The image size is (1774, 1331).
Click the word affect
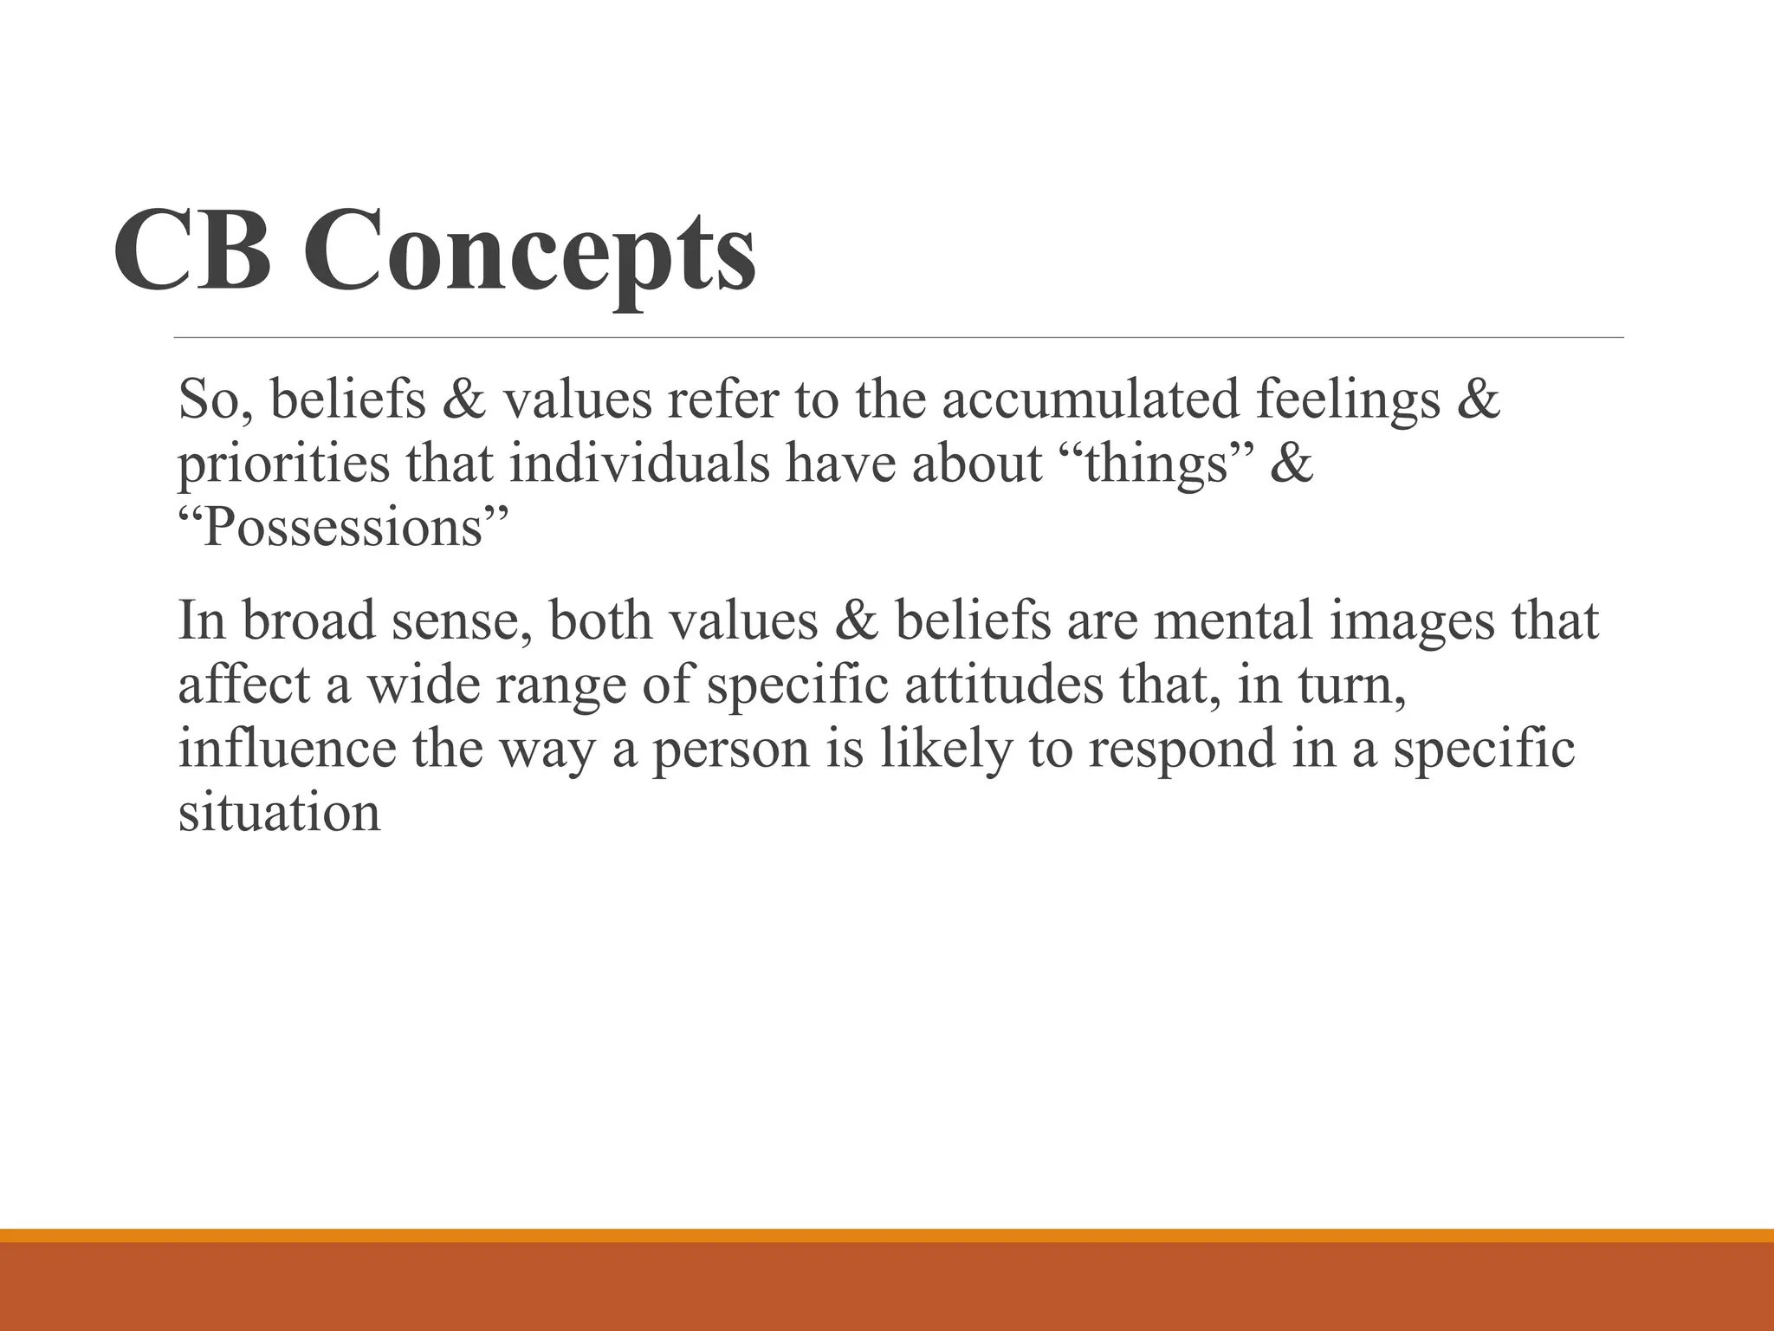click(243, 685)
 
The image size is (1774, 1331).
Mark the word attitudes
click(1004, 685)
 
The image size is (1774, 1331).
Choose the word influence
click(287, 749)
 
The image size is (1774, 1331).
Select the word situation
click(279, 813)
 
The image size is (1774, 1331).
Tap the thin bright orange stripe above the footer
click(887, 1235)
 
